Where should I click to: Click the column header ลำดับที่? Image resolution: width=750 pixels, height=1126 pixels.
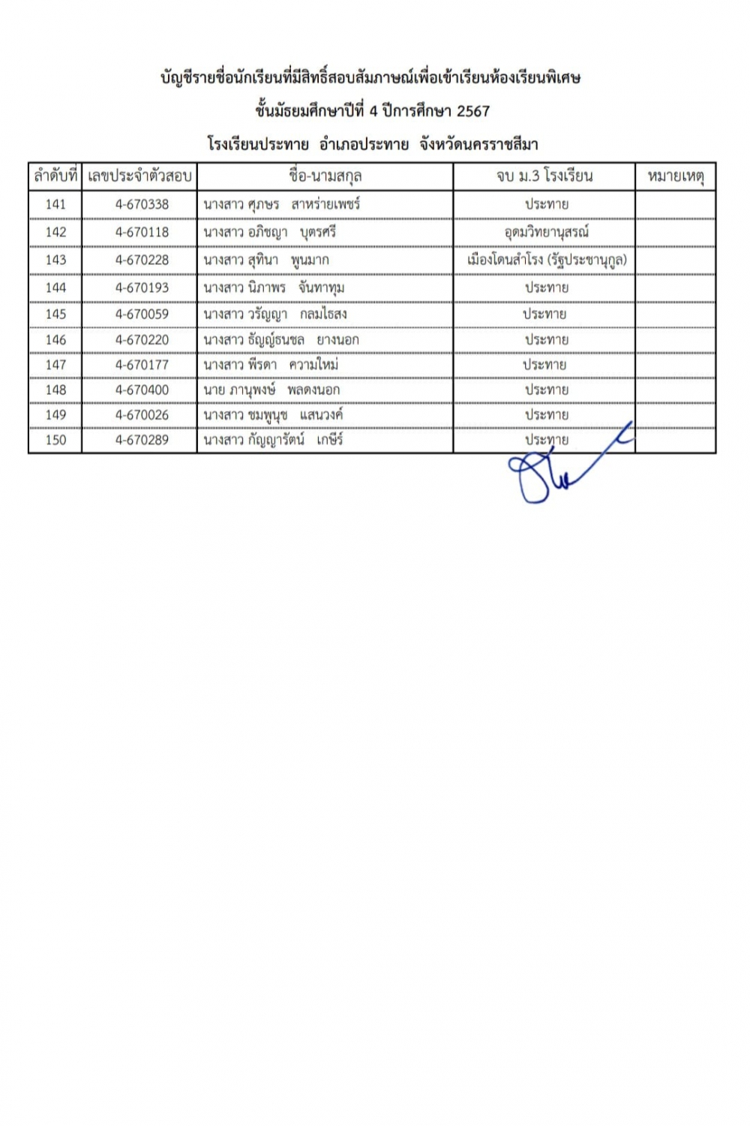click(55, 176)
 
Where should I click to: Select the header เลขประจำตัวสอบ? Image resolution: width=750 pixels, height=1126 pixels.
click(139, 176)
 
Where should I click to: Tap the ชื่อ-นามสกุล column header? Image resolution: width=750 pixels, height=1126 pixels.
click(325, 176)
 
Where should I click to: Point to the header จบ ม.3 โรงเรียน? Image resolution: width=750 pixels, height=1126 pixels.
click(544, 176)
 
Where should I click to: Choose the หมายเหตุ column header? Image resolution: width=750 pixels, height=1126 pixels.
click(675, 176)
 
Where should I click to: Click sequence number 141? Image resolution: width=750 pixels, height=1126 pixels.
click(55, 204)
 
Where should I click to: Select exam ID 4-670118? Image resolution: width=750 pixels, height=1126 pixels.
click(142, 232)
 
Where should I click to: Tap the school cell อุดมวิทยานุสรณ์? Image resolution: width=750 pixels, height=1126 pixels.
click(546, 232)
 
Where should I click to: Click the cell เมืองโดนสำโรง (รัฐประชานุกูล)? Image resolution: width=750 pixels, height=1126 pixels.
click(546, 260)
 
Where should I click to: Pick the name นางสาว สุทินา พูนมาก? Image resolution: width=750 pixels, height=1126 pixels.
click(265, 260)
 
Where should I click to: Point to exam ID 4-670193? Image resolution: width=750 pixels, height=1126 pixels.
click(142, 288)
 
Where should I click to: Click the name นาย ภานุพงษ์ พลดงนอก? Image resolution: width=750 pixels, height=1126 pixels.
click(271, 390)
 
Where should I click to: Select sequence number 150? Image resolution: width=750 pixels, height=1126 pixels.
click(55, 440)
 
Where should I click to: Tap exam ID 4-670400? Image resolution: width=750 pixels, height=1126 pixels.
click(142, 390)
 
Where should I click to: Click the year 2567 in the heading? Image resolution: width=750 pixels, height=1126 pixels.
click(472, 111)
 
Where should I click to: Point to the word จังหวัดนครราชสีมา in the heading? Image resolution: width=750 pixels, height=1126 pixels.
click(478, 144)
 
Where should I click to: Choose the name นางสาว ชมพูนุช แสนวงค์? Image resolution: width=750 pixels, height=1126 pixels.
click(273, 415)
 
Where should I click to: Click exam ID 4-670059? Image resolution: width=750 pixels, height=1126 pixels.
click(142, 314)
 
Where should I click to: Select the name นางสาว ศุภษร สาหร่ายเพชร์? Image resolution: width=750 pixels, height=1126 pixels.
click(281, 204)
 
